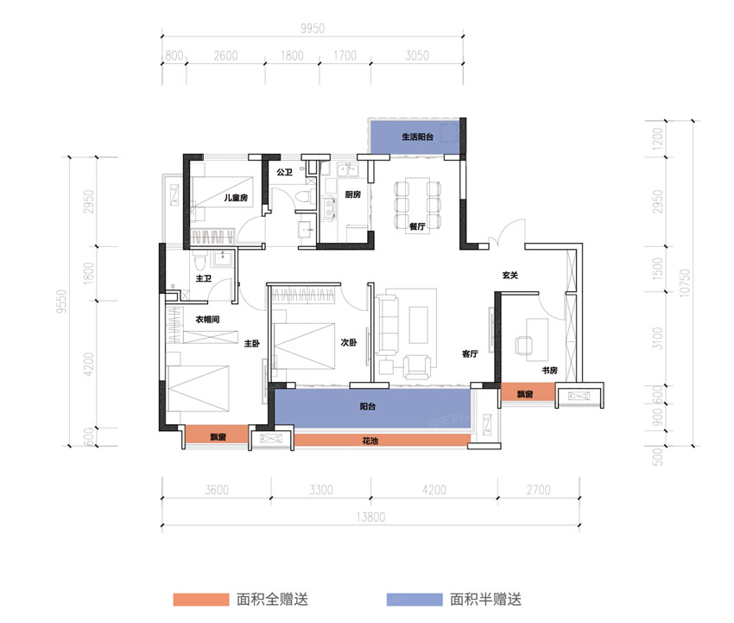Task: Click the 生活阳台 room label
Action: point(418,137)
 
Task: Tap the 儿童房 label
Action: point(236,199)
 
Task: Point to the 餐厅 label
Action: point(418,226)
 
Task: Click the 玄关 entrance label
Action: point(510,276)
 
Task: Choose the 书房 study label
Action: point(548,371)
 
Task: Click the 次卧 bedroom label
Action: point(349,342)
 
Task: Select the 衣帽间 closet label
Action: point(206,320)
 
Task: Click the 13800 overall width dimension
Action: point(373,517)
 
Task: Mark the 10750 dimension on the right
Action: point(686,283)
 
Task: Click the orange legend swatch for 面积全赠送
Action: point(199,599)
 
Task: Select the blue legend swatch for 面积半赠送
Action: point(413,599)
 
